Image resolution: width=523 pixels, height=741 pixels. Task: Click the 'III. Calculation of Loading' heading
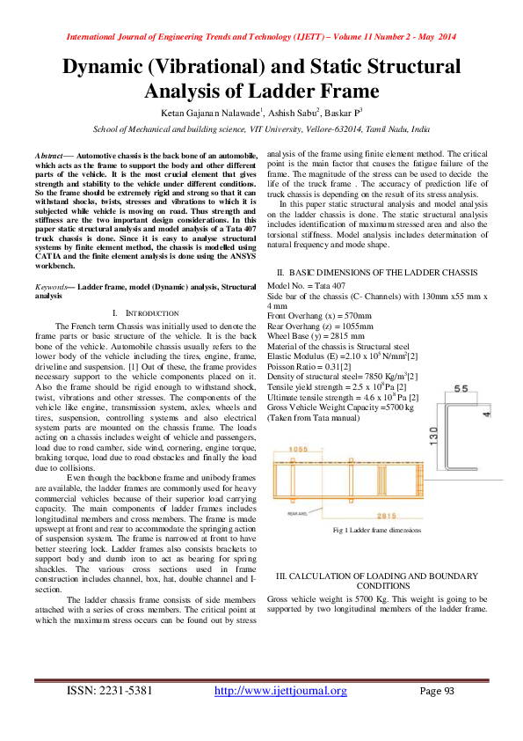(x=378, y=580)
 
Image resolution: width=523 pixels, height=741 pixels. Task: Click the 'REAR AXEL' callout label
(x=297, y=511)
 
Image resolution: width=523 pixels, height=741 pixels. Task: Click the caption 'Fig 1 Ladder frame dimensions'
(x=378, y=531)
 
